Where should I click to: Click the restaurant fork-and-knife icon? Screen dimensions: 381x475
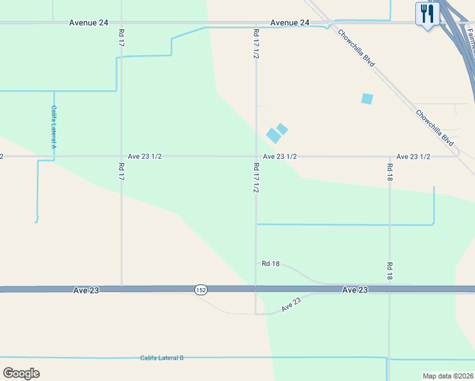[x=427, y=13]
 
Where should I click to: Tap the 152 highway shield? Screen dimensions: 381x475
[x=201, y=290]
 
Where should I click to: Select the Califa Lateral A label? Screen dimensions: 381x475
[x=54, y=127]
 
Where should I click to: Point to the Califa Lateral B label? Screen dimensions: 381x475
[x=162, y=358]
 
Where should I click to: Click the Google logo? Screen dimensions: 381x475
[x=21, y=373]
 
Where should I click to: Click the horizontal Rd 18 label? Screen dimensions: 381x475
[x=271, y=264]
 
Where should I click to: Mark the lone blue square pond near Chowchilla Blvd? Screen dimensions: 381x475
[x=367, y=98]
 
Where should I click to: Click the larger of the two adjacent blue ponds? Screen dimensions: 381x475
[x=273, y=135]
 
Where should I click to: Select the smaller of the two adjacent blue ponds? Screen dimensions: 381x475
[x=282, y=129]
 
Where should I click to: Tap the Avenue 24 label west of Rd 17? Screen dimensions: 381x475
[x=89, y=23]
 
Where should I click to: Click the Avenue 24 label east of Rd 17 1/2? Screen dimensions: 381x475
[x=290, y=23]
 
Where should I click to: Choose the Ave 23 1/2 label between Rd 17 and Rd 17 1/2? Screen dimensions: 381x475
[x=147, y=156]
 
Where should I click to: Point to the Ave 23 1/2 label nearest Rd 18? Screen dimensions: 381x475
[x=413, y=156]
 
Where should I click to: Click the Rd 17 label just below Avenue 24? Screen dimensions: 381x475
[x=121, y=36]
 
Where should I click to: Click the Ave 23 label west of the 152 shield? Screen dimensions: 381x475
[x=86, y=290]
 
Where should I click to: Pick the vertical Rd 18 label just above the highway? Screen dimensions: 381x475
[x=389, y=271]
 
